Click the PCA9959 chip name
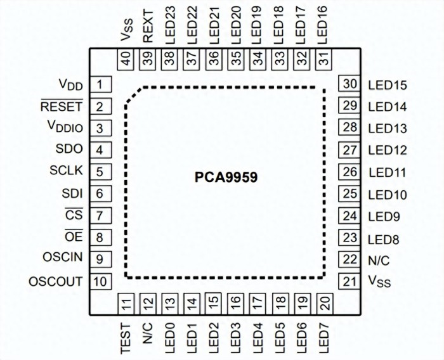[x=226, y=177]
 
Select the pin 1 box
[x=100, y=84]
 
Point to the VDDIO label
[x=65, y=127]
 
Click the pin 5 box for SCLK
[x=100, y=172]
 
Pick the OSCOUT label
[x=56, y=281]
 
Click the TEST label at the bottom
[x=126, y=336]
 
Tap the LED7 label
[x=323, y=336]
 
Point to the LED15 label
[x=388, y=86]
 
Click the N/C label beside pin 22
[x=378, y=260]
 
